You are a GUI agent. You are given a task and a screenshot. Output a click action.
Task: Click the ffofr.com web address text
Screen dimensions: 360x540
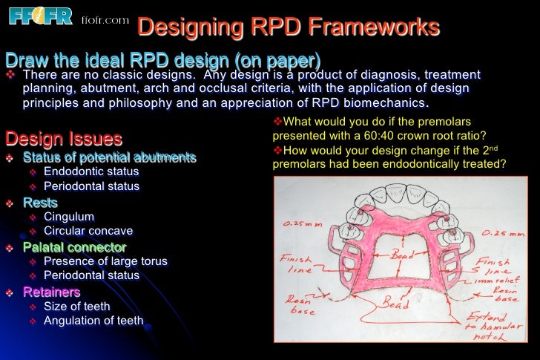[104, 20]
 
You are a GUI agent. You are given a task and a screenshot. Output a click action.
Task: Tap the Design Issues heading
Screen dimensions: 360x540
[64, 139]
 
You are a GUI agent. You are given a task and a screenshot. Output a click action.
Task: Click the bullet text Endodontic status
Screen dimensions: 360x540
[91, 171]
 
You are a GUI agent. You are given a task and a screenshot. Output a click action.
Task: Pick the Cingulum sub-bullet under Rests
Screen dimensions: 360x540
[69, 217]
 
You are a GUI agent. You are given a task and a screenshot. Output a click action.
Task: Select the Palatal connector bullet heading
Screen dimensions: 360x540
[74, 247]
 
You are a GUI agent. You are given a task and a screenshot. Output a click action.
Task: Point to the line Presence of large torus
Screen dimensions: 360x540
[105, 261]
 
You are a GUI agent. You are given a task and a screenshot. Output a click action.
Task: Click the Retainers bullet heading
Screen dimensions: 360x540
[51, 292]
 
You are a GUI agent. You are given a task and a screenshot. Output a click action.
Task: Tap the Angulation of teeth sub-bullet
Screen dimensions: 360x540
[93, 321]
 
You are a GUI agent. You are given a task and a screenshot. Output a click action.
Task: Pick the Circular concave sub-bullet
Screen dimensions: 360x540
[88, 231]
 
